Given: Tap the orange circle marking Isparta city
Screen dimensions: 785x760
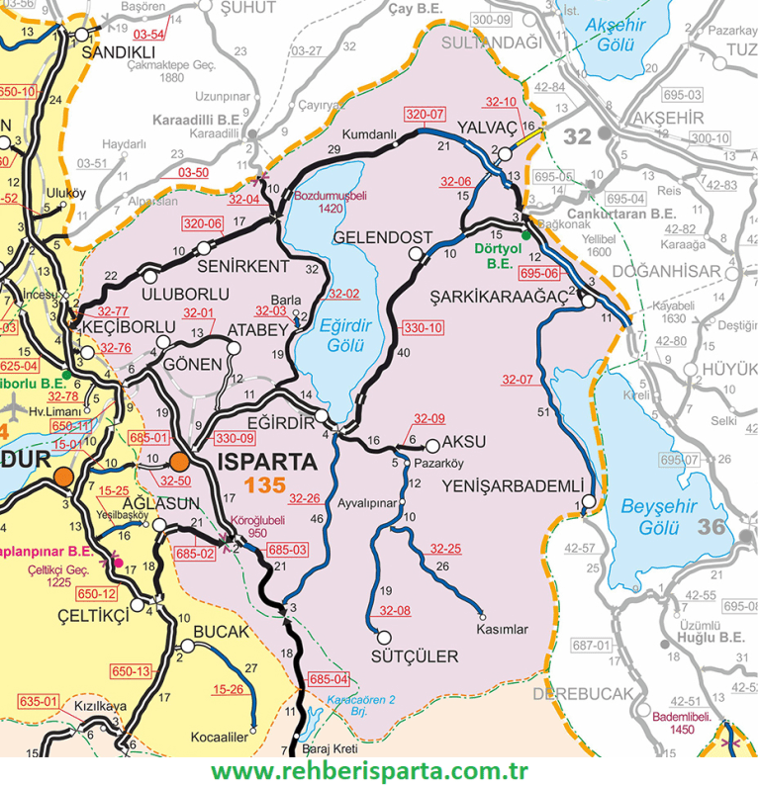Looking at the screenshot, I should pyautogui.click(x=180, y=461).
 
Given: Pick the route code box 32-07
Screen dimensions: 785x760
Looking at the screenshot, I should pyautogui.click(x=517, y=379).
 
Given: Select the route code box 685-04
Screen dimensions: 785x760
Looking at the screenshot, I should pyautogui.click(x=329, y=679).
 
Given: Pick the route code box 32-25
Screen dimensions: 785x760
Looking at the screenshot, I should pyautogui.click(x=445, y=548).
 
